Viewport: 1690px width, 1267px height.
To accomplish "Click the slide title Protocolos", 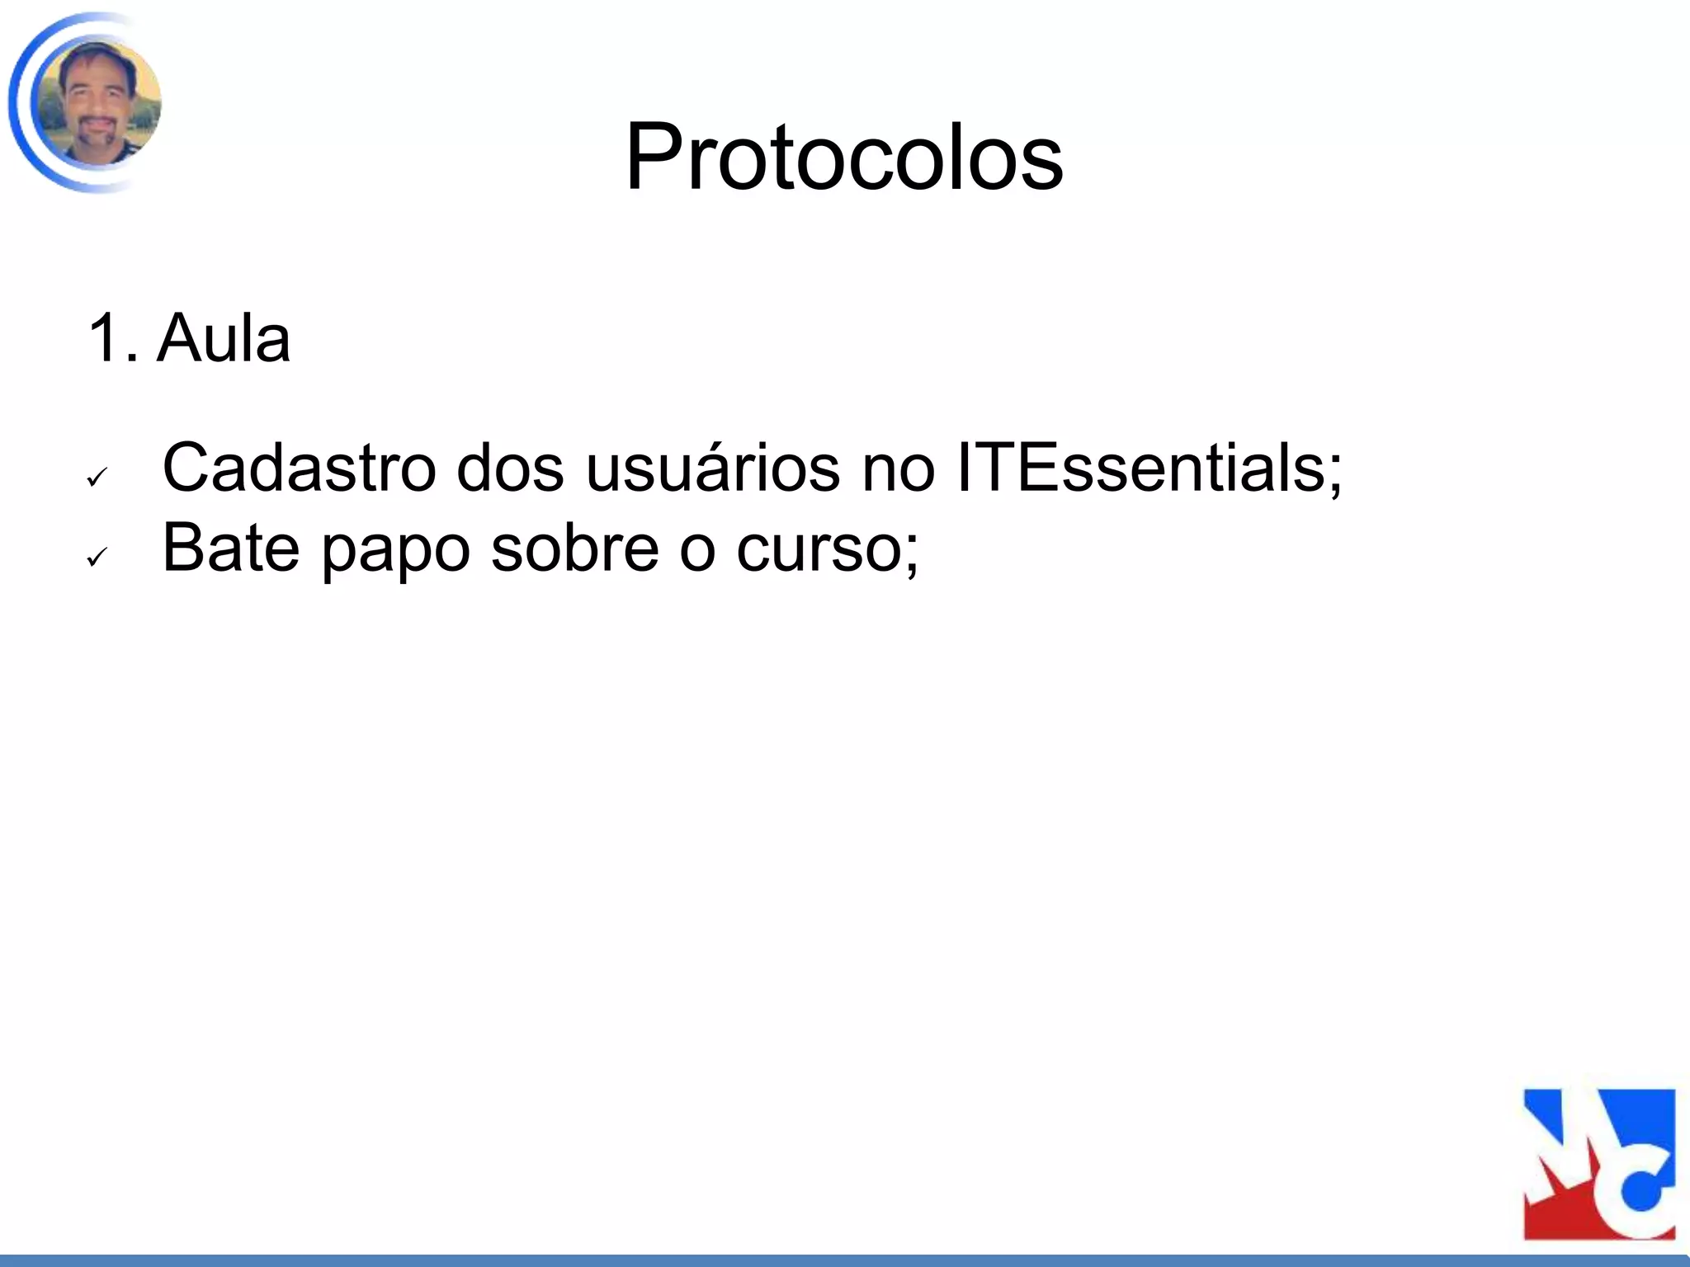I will coord(844,157).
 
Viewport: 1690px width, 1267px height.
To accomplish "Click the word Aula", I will coord(224,338).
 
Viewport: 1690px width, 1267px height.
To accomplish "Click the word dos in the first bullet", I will coord(510,469).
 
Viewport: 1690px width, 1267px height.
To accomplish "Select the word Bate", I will coord(230,548).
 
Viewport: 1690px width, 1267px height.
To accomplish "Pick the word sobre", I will coord(574,548).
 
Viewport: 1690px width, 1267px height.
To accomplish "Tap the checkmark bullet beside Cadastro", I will coord(97,478).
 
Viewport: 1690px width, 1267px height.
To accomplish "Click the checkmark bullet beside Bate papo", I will coord(97,558).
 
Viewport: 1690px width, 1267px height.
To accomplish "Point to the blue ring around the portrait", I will coord(18,103).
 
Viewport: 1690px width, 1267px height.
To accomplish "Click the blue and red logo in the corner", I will coord(1598,1164).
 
